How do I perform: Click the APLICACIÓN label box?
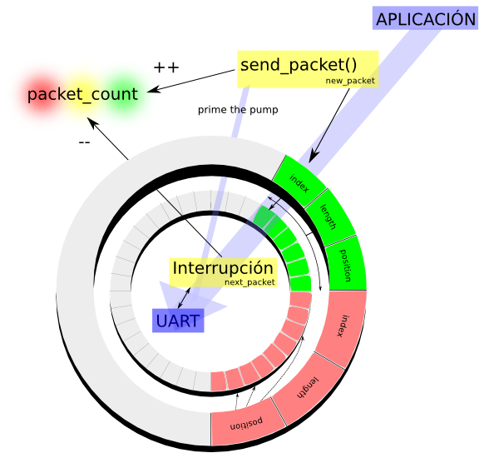point(427,19)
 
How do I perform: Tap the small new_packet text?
point(350,82)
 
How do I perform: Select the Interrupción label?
point(222,268)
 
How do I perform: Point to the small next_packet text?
point(249,283)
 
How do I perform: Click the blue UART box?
point(178,321)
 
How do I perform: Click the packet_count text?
point(82,94)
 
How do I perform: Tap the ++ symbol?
point(166,67)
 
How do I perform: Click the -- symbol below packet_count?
point(84,142)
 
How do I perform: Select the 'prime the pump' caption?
point(238,109)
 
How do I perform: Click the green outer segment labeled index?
point(300,184)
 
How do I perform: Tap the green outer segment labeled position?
point(345,266)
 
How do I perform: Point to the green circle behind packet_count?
point(133,94)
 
